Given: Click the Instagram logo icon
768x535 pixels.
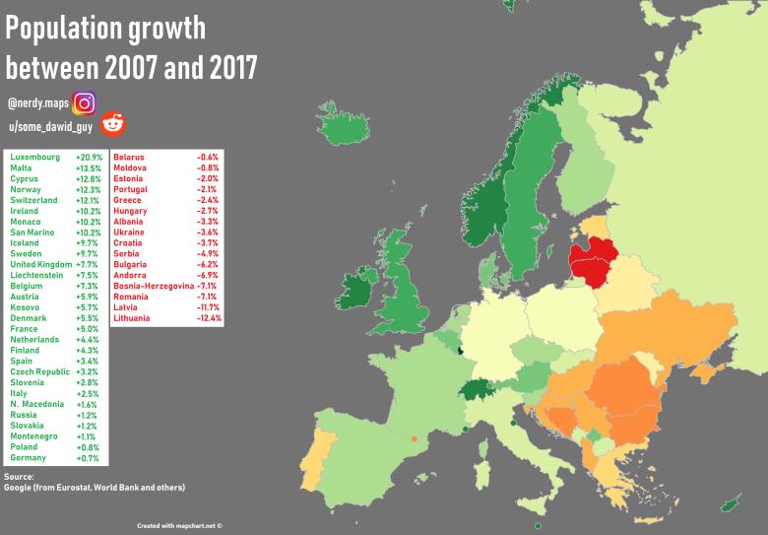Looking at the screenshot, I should point(85,101).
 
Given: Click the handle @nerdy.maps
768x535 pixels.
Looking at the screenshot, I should point(37,102).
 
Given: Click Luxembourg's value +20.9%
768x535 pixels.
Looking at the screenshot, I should point(90,158).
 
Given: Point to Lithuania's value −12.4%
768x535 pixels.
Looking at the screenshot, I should point(209,318).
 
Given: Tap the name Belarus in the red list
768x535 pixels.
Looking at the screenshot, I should point(129,158).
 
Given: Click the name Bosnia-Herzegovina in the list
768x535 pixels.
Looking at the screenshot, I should point(153,286).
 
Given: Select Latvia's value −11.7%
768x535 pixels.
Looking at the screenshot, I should point(209,307).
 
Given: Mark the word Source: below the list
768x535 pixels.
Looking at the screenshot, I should point(19,477).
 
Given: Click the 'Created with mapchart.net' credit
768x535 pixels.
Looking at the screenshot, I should point(180,525).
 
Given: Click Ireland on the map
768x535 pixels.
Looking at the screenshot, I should point(355,290).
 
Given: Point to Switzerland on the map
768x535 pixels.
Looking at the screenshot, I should point(480,389).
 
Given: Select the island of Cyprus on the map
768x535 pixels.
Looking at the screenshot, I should point(730,503).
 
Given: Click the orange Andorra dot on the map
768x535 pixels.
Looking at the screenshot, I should point(415,438).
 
